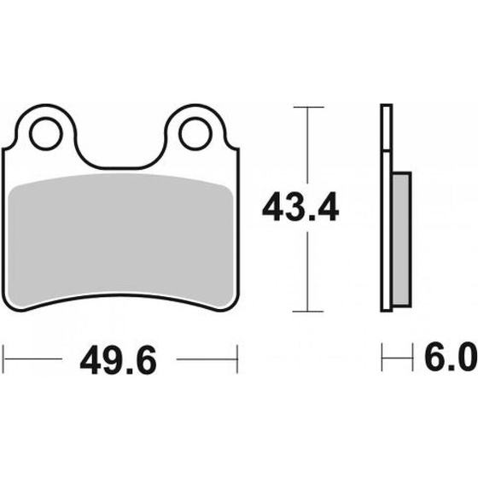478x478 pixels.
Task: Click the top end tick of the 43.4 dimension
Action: coord(307,107)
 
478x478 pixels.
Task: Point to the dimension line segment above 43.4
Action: coord(307,145)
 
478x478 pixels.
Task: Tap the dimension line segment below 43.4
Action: coord(307,273)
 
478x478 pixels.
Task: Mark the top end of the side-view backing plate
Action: coord(386,106)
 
